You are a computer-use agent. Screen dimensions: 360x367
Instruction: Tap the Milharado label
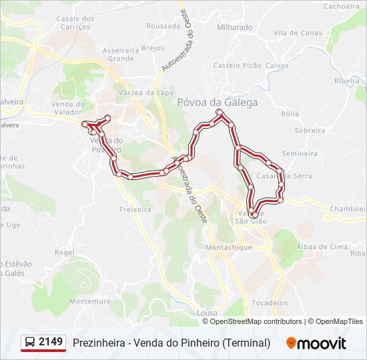click(235, 28)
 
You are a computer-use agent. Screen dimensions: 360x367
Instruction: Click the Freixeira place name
click(135, 209)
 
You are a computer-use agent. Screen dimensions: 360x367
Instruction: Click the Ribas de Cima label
click(322, 247)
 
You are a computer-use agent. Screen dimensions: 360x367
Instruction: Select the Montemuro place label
click(89, 301)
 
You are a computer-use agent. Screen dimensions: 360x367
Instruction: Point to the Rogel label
click(64, 253)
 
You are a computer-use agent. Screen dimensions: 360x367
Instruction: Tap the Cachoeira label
click(342, 6)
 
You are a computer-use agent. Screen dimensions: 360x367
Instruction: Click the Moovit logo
click(316, 343)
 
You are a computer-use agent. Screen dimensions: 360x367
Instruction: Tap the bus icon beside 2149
click(30, 343)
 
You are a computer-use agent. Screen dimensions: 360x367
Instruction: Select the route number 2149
click(51, 343)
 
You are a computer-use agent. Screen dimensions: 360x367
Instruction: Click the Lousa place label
click(208, 312)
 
